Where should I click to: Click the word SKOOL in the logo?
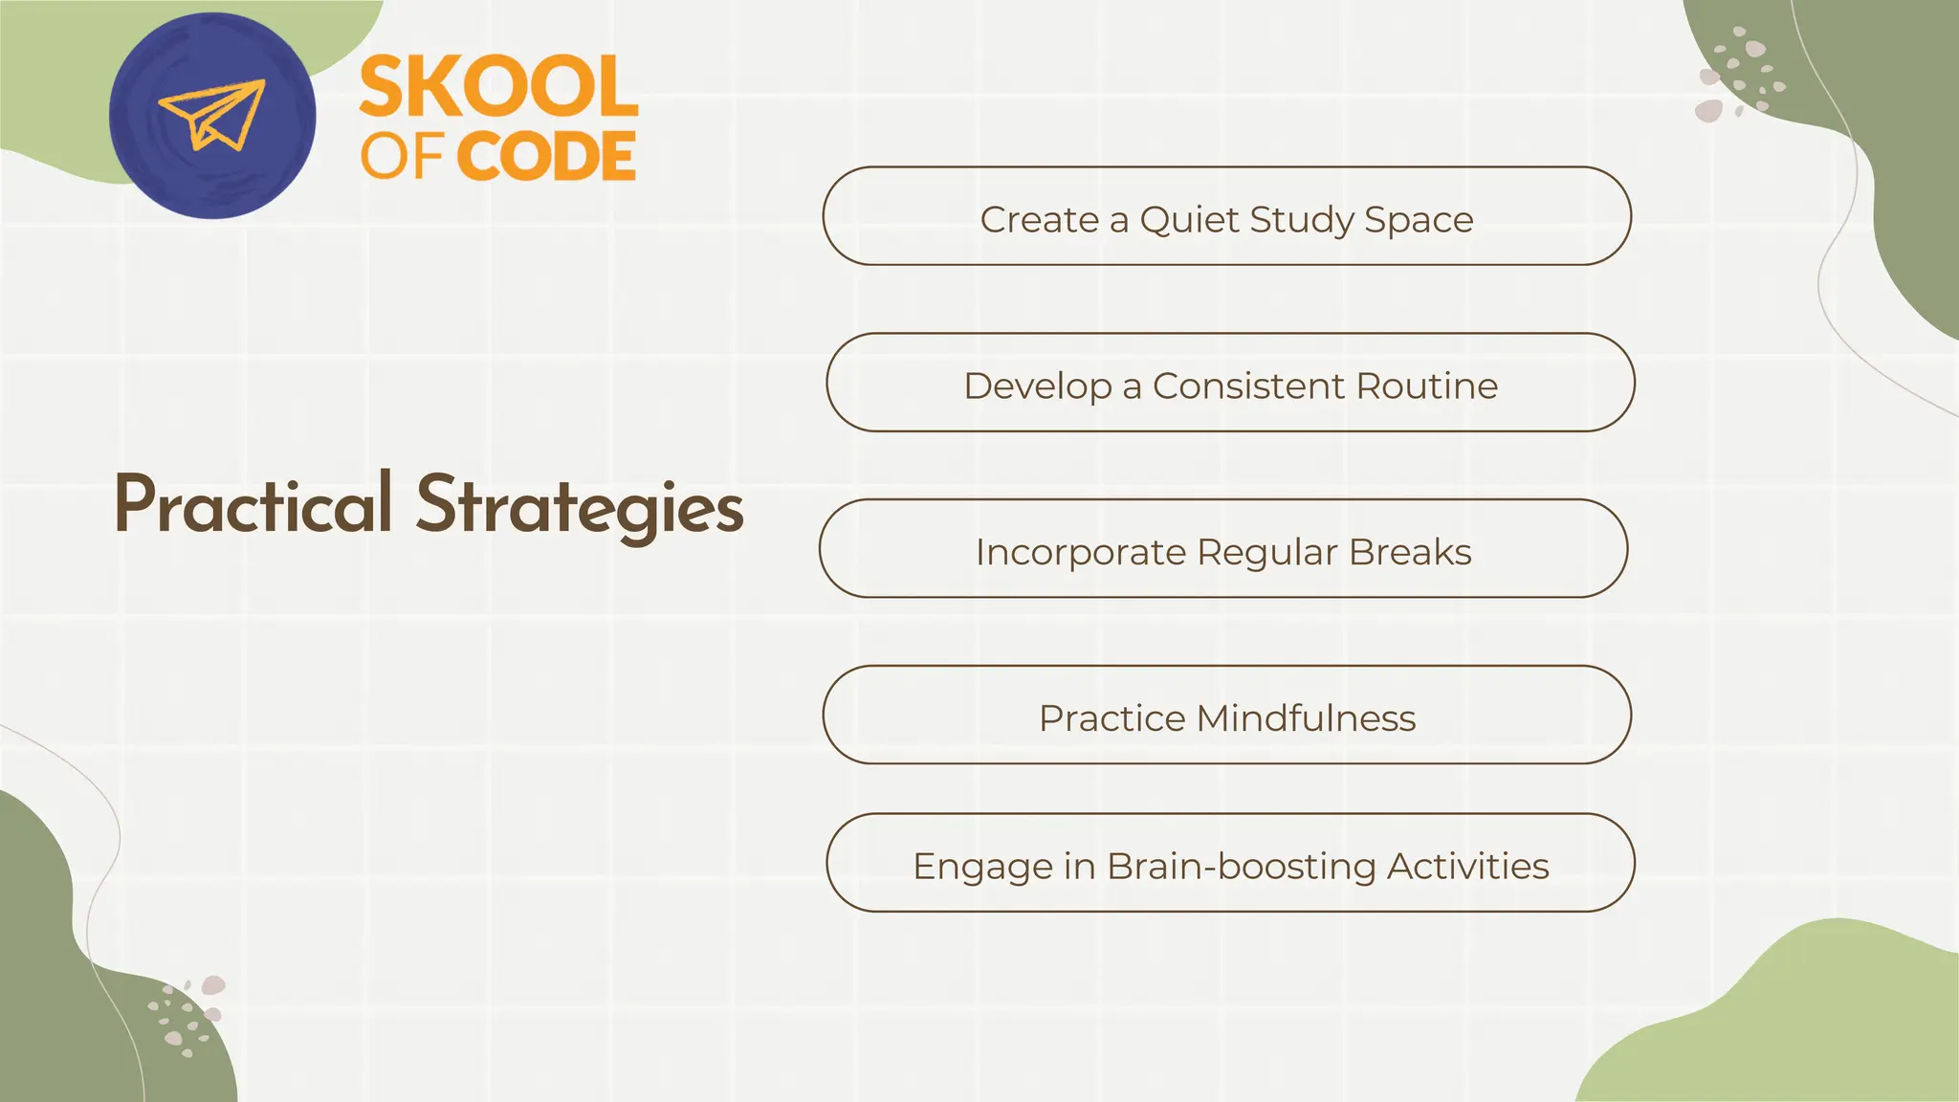point(498,87)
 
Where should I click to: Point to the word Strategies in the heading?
point(580,506)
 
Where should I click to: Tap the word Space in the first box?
point(1419,220)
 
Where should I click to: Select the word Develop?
point(1038,386)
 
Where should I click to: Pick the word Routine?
point(1426,386)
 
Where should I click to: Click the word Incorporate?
point(1080,553)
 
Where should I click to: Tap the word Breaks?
point(1410,553)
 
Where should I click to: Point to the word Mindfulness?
point(1307,718)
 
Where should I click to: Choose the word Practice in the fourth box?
point(1112,718)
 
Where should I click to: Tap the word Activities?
point(1467,867)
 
